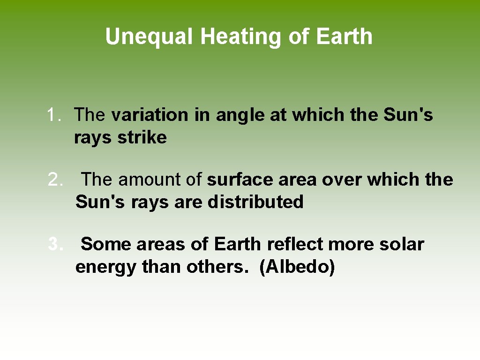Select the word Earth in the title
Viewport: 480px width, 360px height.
(344, 37)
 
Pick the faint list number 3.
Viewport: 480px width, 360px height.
(55, 244)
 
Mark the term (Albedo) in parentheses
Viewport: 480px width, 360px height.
(297, 267)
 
